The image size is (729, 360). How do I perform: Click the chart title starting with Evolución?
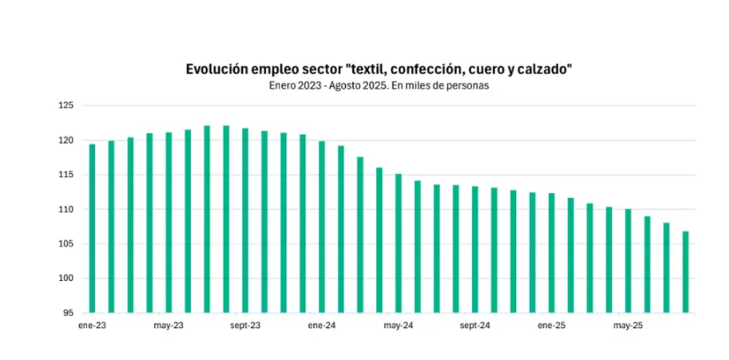point(379,68)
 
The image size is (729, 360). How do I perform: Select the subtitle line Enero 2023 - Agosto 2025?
point(379,86)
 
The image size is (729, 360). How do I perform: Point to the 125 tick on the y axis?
point(67,106)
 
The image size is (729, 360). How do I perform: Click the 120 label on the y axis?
point(67,140)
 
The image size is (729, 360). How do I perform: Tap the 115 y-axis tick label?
point(67,175)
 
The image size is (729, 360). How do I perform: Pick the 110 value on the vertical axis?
point(67,209)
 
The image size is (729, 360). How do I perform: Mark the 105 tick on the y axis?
point(67,244)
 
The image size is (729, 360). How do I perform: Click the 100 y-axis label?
point(67,278)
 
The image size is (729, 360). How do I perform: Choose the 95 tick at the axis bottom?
point(68,313)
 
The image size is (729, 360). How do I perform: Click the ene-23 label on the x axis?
point(91,325)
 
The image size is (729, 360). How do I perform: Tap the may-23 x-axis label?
point(168,325)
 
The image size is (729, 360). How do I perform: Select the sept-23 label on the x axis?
point(245,325)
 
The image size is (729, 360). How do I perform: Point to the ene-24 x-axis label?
point(321,325)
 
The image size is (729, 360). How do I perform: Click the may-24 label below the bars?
point(398,325)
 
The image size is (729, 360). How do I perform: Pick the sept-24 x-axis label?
point(474,325)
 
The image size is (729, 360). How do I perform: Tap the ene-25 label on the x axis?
point(552,325)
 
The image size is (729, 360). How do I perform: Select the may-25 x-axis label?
point(628,325)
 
